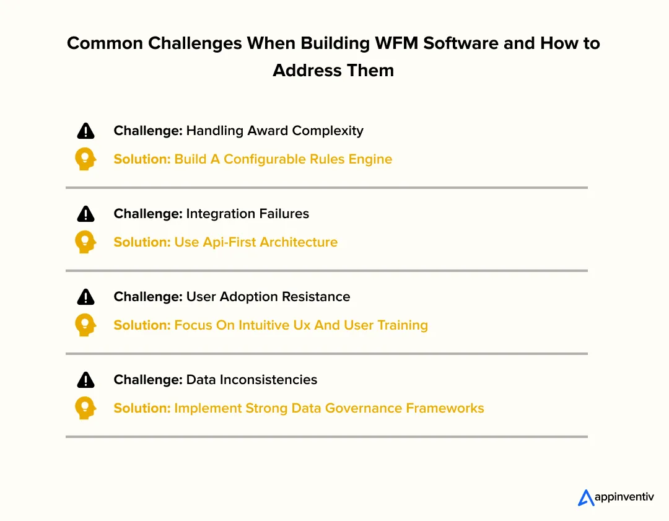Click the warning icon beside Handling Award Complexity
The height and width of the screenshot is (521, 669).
[85, 131]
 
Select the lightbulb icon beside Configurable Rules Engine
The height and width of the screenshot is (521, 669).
[85, 159]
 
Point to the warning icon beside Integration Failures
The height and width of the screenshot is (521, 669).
[85, 214]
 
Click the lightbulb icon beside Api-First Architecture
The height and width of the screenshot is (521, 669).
[85, 242]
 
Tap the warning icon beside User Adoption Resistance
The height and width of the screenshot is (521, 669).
[85, 297]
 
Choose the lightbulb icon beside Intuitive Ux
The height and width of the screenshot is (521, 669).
[85, 325]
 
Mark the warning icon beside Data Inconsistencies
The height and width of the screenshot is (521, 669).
[85, 380]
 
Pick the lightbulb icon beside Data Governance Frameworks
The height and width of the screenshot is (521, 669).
[85, 408]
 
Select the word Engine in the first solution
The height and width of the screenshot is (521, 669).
[370, 159]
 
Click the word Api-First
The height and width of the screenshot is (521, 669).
[227, 242]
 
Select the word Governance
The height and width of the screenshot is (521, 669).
[363, 408]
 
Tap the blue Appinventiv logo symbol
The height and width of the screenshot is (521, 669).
[585, 497]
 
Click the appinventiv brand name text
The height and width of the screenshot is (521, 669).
[624, 497]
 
